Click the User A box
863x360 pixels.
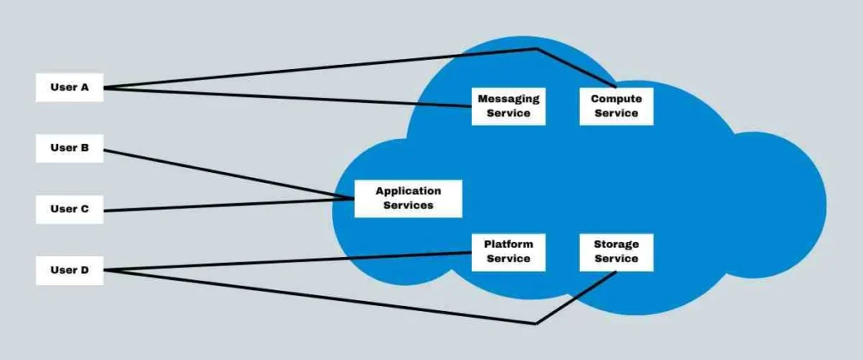pos(69,87)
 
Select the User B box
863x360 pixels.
pos(69,148)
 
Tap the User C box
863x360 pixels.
pos(69,209)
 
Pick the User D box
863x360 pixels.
pos(69,271)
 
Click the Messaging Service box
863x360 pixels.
pos(508,105)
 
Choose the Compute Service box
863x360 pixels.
pos(616,105)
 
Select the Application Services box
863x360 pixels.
pos(408,198)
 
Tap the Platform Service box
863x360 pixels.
pos(508,251)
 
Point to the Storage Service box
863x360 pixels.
pos(616,251)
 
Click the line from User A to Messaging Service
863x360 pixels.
pos(287,97)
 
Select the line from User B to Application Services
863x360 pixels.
pos(228,175)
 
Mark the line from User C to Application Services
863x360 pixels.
pos(228,204)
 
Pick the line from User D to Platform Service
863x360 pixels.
pos(287,261)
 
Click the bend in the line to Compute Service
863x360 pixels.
pos(536,50)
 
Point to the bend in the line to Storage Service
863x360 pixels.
pos(536,323)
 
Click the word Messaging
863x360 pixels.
pos(508,99)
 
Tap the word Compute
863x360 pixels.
pos(616,99)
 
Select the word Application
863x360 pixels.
pos(408,191)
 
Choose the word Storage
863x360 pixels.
pos(616,244)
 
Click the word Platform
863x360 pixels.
pos(508,244)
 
